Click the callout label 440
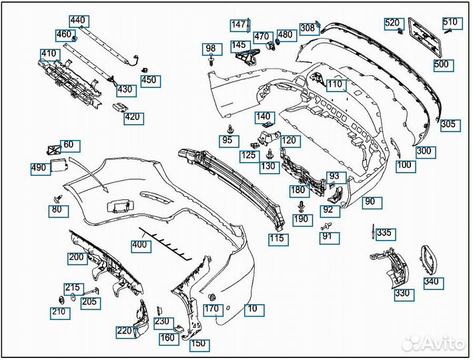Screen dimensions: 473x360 (79, 21)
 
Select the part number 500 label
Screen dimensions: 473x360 (444, 65)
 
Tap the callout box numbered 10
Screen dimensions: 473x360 (254, 310)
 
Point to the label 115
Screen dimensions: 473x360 (278, 239)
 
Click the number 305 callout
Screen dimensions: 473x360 (450, 125)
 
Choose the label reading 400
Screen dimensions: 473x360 (141, 246)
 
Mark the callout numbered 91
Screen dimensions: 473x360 (330, 237)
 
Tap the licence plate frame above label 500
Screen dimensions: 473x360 (424, 36)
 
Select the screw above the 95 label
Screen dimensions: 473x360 (231, 129)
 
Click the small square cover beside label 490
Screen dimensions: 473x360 (59, 166)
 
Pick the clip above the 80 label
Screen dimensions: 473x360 (57, 199)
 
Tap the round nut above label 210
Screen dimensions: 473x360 (61, 301)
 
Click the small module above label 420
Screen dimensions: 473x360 (121, 107)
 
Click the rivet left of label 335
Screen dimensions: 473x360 (373, 231)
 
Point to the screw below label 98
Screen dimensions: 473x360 (211, 60)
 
